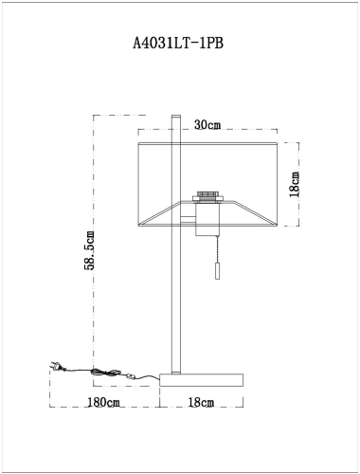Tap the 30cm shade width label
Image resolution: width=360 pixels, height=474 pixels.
coord(207,125)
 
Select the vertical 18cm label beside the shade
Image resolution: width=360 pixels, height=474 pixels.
coord(295,184)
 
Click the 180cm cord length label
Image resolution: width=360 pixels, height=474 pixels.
coord(103,403)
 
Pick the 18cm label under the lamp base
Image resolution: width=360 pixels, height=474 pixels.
coord(202,403)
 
